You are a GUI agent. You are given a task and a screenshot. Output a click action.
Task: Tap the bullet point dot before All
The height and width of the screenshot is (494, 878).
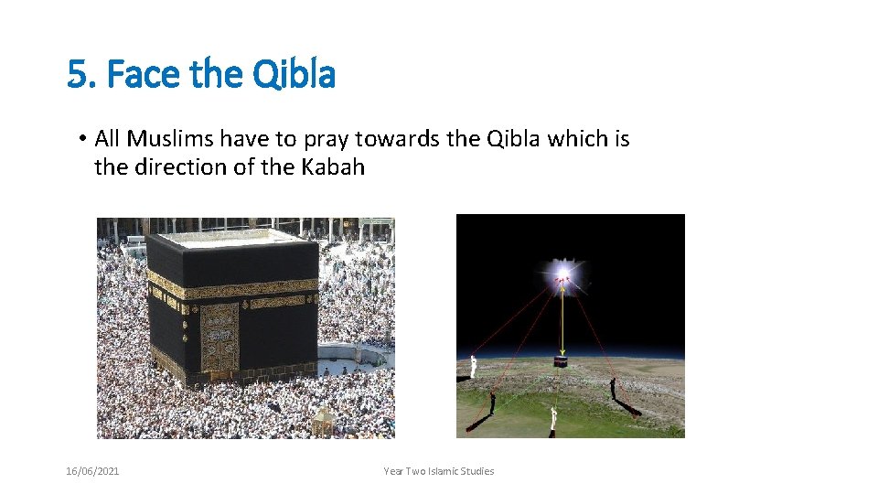81,139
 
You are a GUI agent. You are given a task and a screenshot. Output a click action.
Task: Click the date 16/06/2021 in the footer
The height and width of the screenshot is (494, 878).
92,471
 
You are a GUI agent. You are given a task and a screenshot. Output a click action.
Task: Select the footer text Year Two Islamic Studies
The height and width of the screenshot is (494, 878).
439,471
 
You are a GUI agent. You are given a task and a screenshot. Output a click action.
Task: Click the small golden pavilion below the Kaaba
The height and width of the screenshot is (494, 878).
322,421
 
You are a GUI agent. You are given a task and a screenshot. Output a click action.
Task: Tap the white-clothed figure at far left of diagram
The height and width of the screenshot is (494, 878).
472,367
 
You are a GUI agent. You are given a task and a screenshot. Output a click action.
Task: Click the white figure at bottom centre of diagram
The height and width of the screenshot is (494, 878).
552,421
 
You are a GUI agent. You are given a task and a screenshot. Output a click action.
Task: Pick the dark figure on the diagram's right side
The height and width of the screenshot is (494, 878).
614,390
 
